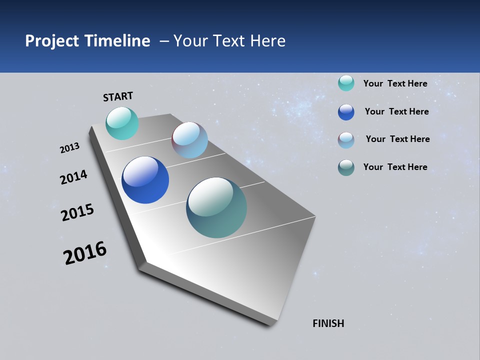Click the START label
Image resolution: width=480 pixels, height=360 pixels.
(118, 96)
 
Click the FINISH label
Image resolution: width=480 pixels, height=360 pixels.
(328, 323)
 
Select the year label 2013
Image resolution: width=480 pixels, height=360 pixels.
(69, 148)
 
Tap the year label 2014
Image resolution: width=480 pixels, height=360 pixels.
(73, 177)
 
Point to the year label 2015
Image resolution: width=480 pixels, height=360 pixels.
(77, 212)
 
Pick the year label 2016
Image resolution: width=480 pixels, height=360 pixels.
(85, 253)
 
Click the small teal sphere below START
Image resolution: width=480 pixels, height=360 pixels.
(122, 123)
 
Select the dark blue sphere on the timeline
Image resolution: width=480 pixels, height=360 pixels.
(145, 180)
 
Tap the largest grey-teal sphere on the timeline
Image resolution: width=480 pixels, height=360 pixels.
(216, 207)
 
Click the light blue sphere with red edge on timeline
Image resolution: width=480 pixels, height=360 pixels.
(189, 140)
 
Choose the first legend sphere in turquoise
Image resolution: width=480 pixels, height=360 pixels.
(346, 83)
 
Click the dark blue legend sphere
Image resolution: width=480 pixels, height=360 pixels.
(346, 112)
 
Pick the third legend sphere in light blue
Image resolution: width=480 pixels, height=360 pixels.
(346, 140)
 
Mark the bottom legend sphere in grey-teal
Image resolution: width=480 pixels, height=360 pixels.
(346, 167)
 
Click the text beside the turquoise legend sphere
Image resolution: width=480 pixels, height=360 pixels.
(395, 83)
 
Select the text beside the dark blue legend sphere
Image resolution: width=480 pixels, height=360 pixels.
(396, 111)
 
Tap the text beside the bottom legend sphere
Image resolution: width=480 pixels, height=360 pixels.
(395, 167)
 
